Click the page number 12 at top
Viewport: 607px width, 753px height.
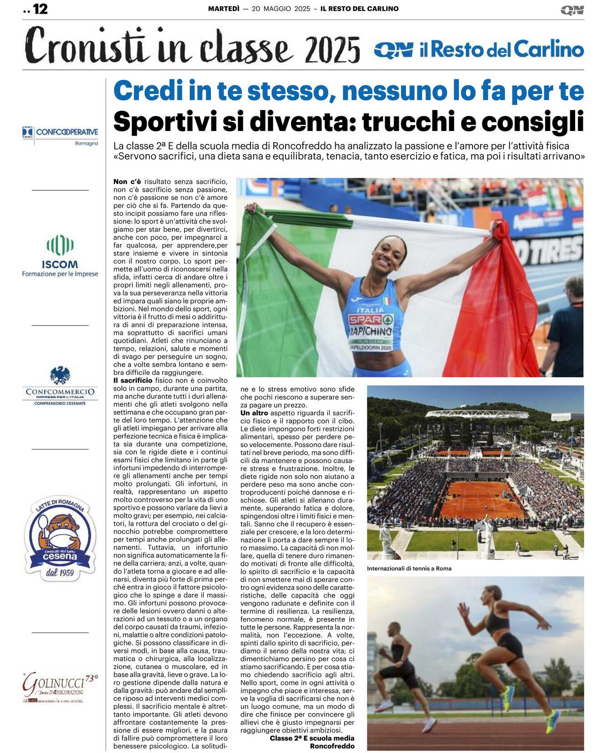coord(40,9)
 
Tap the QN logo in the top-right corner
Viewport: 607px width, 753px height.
coord(572,10)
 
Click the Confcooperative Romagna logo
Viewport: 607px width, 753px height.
coord(60,135)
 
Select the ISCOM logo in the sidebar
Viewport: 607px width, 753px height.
coord(60,256)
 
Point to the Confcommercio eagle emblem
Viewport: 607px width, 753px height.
coord(60,375)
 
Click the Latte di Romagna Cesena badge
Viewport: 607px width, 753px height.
coord(60,539)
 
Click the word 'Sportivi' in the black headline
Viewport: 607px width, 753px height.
coord(165,122)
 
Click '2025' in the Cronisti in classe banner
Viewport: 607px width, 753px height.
coord(332,50)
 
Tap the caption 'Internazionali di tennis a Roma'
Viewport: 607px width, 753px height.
coord(409,568)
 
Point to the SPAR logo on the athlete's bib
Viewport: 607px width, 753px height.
coord(371,319)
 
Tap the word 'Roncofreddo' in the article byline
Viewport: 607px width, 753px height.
coord(332,746)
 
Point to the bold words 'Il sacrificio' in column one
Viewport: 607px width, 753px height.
coord(133,380)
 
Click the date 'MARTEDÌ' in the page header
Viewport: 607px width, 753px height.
coord(223,9)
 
